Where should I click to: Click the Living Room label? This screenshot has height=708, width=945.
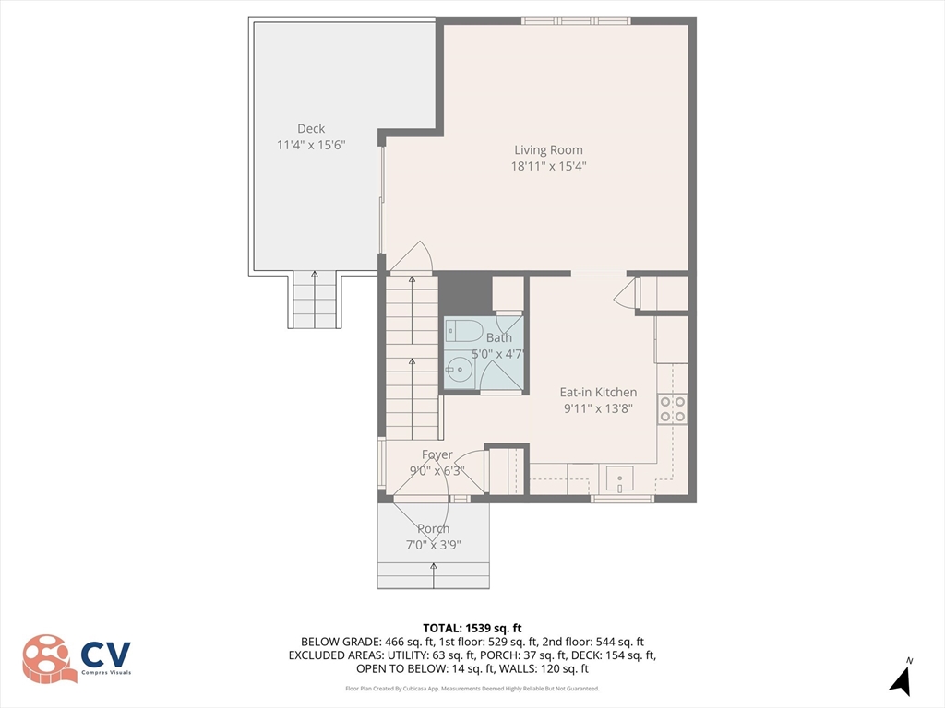point(548,150)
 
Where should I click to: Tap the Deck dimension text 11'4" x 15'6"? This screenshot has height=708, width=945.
point(311,146)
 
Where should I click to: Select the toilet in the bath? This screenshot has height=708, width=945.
point(463,330)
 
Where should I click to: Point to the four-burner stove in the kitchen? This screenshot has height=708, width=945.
point(673,408)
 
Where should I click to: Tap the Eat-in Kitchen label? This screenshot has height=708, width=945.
point(598,392)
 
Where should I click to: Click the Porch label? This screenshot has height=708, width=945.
point(433,529)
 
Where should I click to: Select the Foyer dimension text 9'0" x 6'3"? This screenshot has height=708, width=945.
point(437,471)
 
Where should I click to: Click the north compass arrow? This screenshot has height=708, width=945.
point(902,679)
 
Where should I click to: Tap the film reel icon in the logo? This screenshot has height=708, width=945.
point(50,658)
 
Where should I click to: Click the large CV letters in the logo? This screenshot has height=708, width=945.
point(106,655)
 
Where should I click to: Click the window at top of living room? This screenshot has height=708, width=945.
point(577,20)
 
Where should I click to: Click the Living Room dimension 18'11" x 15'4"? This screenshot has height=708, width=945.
point(548,167)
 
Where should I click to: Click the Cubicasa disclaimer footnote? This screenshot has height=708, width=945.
point(472,689)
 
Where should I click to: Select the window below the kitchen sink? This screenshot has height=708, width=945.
point(622,499)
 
